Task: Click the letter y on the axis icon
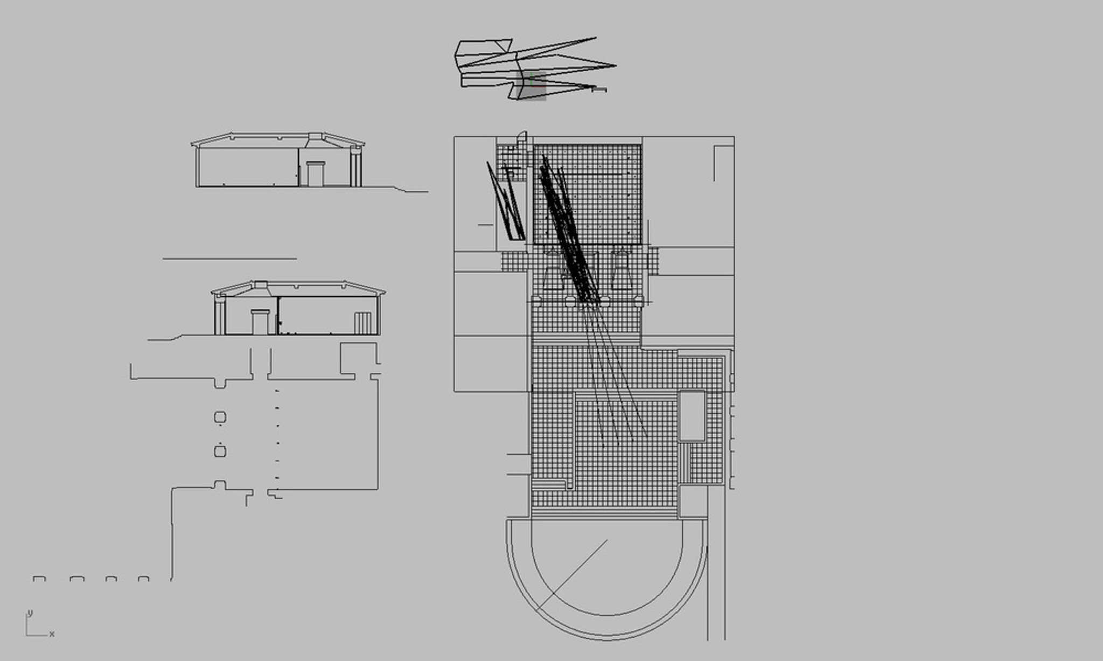coord(30,613)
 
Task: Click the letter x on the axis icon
coord(52,634)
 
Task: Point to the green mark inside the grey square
coord(531,79)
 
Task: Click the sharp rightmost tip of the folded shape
coord(615,66)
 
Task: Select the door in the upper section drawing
coord(316,173)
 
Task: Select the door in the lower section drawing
coord(260,322)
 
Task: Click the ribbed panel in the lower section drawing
coord(362,323)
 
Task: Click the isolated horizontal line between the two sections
coord(230,259)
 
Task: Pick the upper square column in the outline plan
coord(220,418)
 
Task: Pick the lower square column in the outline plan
coord(220,451)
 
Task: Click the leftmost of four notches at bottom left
coord(39,579)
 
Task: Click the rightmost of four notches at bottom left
coord(143,579)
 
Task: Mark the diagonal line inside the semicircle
coord(573,575)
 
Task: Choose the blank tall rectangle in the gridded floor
coord(692,416)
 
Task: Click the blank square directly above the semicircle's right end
coord(693,502)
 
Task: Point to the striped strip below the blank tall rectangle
coord(684,463)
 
